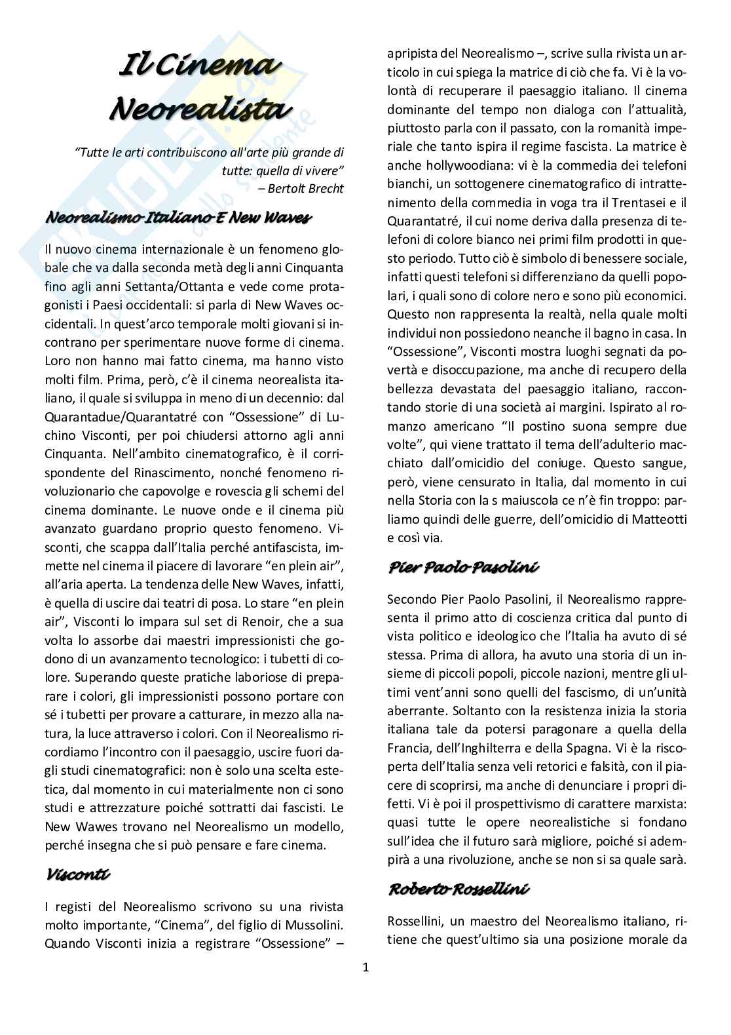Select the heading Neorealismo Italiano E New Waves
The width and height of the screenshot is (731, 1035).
click(178, 218)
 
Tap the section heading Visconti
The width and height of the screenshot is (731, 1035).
click(78, 874)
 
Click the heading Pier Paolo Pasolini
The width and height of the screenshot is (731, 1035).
click(463, 567)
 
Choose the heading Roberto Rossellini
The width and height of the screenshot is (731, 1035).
click(459, 889)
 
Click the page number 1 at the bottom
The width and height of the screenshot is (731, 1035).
click(365, 967)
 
